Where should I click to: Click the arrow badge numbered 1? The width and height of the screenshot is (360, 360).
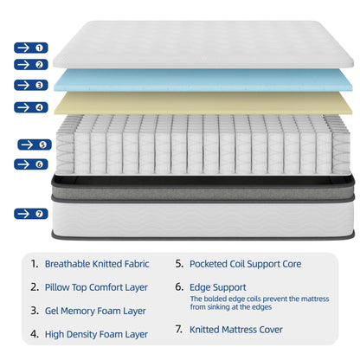[30, 48]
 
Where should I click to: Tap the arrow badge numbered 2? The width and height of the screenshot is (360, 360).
[30, 64]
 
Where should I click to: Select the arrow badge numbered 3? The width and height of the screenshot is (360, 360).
[30, 85]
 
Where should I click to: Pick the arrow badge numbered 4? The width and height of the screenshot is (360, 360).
[30, 107]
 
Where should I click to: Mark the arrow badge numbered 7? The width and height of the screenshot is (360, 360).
[30, 213]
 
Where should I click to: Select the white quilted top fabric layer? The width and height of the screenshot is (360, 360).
[202, 45]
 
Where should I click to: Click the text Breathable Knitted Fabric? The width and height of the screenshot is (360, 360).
[96, 264]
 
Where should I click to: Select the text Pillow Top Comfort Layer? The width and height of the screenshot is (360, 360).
[96, 286]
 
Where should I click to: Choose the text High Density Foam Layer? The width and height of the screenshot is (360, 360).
[96, 332]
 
